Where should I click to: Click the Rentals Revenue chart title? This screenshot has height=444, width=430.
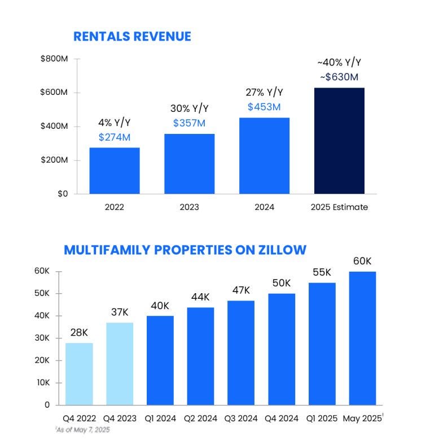click(x=132, y=37)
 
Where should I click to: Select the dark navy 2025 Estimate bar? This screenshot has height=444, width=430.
click(x=339, y=141)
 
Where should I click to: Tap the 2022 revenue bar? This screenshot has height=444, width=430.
click(x=115, y=171)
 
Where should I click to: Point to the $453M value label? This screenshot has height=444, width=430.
click(x=264, y=107)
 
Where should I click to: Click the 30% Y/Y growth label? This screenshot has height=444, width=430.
click(x=189, y=108)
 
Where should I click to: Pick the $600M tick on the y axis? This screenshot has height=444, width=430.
click(x=54, y=92)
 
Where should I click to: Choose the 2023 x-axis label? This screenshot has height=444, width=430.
click(x=189, y=207)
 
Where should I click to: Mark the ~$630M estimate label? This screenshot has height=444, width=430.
click(x=339, y=77)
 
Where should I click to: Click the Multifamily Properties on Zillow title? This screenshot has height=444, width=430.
click(x=185, y=250)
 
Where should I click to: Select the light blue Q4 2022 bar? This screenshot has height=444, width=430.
click(x=79, y=374)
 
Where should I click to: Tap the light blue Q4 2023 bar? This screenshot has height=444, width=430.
click(x=120, y=364)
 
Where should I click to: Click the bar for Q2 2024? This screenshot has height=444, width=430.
click(x=200, y=356)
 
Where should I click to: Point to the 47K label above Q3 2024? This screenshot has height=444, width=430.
click(x=241, y=290)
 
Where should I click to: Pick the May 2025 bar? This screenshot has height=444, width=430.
click(x=362, y=338)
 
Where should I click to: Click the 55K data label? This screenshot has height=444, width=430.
click(x=322, y=272)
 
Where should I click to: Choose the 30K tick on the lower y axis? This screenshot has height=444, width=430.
click(x=42, y=338)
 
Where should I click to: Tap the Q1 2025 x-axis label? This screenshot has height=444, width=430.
click(x=322, y=419)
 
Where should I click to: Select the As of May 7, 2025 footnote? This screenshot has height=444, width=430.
click(x=82, y=430)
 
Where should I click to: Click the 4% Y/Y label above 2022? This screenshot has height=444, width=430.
click(x=115, y=123)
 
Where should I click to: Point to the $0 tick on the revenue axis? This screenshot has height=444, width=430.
click(x=63, y=194)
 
